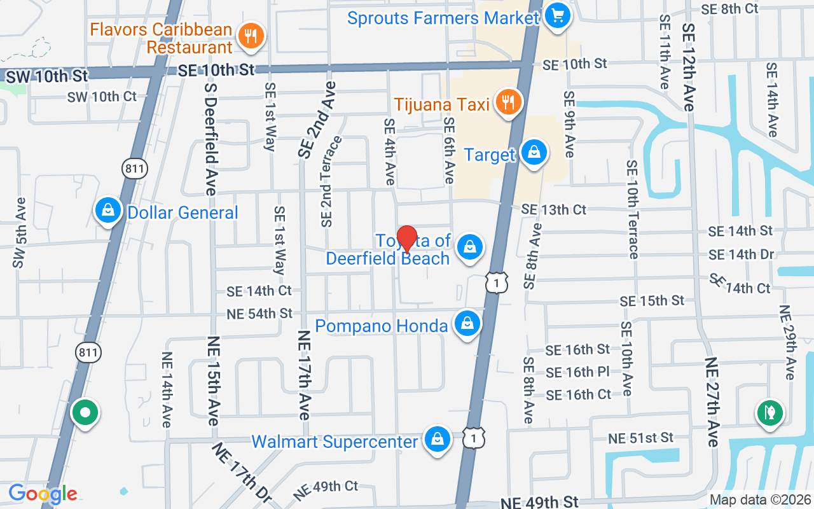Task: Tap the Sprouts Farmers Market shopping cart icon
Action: click(x=558, y=14)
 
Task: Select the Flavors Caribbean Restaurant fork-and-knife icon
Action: click(x=251, y=36)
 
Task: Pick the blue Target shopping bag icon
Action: click(x=534, y=153)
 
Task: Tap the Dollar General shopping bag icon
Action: click(x=108, y=210)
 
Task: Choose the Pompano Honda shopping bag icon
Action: click(x=467, y=324)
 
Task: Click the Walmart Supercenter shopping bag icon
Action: click(x=438, y=439)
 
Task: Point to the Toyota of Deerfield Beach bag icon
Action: click(x=470, y=248)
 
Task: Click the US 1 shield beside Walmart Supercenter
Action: click(x=474, y=436)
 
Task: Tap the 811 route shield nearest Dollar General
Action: click(x=135, y=168)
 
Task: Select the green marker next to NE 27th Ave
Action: click(x=769, y=412)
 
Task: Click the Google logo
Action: click(x=43, y=494)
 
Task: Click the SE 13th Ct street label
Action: click(x=553, y=209)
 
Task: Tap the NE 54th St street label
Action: click(x=259, y=313)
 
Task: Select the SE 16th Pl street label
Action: click(x=578, y=372)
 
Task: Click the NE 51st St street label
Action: click(x=640, y=438)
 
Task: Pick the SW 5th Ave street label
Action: click(x=19, y=232)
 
